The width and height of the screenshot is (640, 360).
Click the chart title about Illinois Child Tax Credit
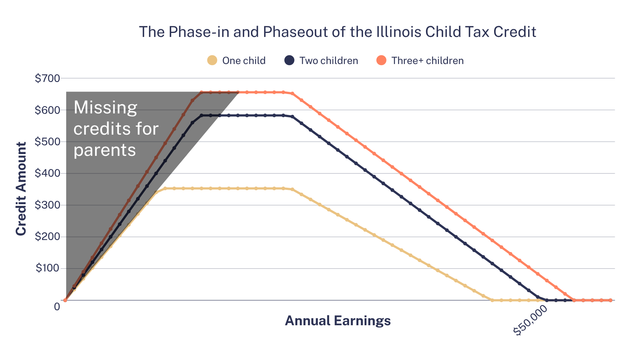pos(337,32)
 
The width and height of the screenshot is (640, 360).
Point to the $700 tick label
pos(47,78)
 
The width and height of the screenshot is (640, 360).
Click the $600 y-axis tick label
pos(47,110)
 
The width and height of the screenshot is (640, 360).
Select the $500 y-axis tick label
pos(47,142)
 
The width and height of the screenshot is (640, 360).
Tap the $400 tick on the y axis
pos(47,173)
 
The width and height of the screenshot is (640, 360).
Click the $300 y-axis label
pos(47,205)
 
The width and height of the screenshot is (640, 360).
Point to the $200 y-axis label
pos(47,237)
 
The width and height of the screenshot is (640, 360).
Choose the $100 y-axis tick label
pos(47,268)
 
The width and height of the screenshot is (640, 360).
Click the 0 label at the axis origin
pos(57,307)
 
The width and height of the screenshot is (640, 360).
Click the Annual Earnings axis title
pos(338,321)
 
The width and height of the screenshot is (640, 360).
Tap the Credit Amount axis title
pos(21,189)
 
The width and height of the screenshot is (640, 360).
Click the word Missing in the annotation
pos(105,108)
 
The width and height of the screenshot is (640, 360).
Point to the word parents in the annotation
pos(105,150)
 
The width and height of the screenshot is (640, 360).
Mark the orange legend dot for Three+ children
pos(381,60)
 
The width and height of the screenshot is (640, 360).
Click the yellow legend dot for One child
pos(212,60)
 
